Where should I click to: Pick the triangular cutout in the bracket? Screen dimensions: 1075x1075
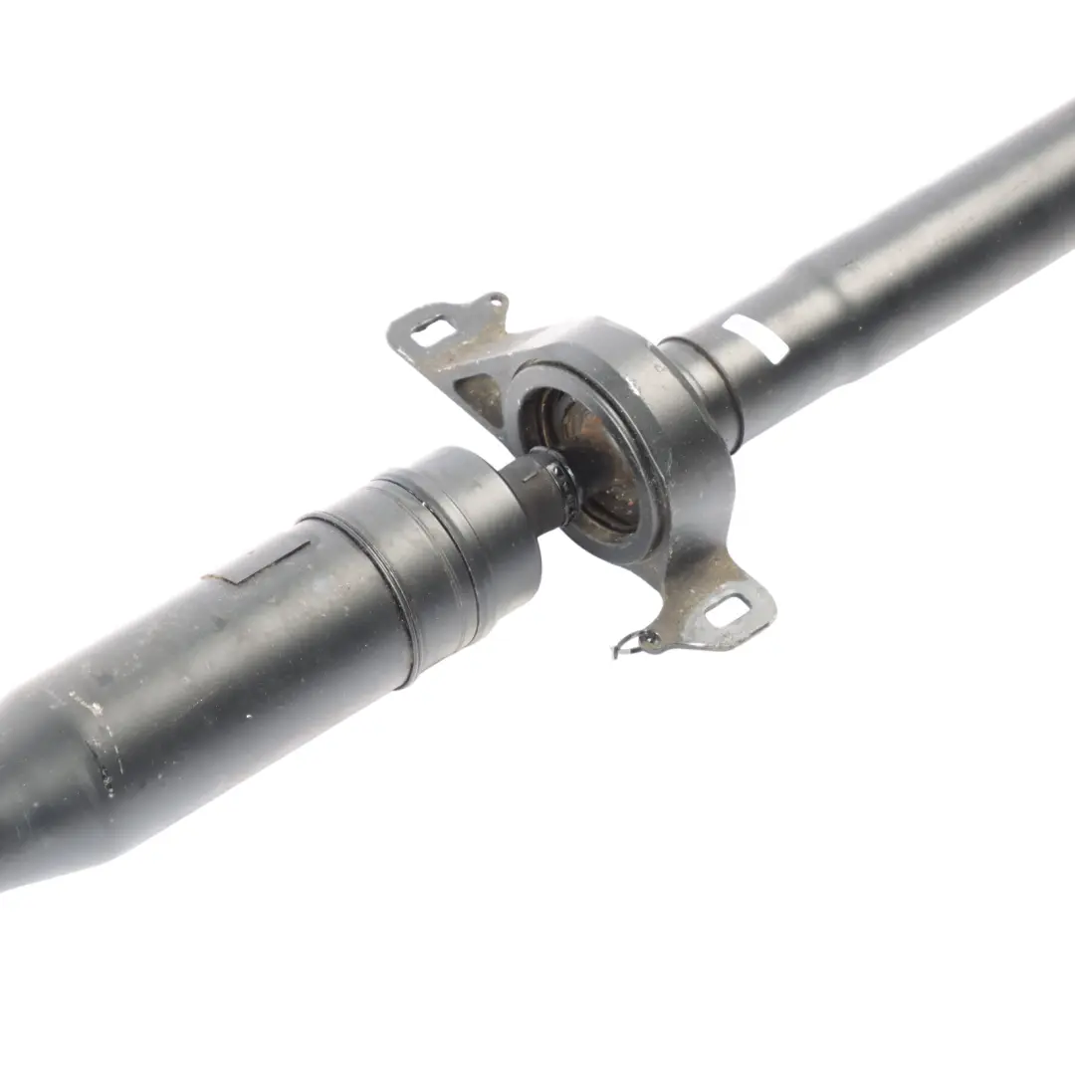480,394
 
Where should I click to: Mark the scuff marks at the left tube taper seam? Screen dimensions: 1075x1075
109,756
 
